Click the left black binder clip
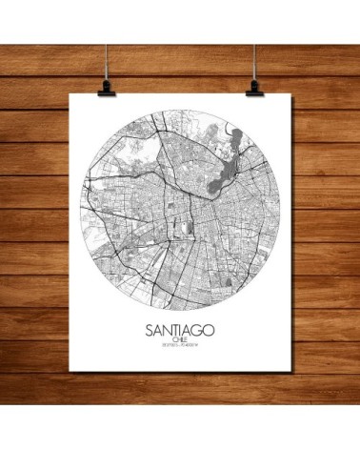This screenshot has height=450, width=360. pyautogui.click(x=103, y=87)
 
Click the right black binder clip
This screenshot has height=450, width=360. pyautogui.click(x=254, y=87)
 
